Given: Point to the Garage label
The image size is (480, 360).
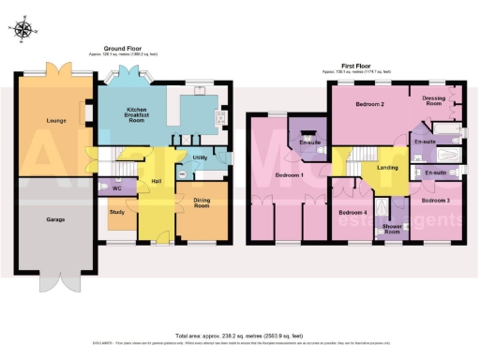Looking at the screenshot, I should coord(52,220).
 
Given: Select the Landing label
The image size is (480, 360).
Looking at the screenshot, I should coord(387,168).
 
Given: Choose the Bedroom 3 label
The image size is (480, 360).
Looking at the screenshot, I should coord(436,201).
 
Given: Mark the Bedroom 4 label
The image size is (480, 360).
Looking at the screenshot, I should coord(352,213).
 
